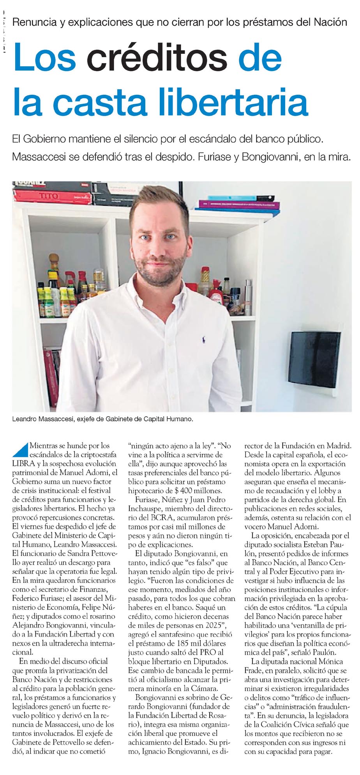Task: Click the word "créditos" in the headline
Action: [157, 57]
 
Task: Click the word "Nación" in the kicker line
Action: [330, 22]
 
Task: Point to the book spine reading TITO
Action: [48, 196]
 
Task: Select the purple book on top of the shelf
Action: [238, 204]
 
